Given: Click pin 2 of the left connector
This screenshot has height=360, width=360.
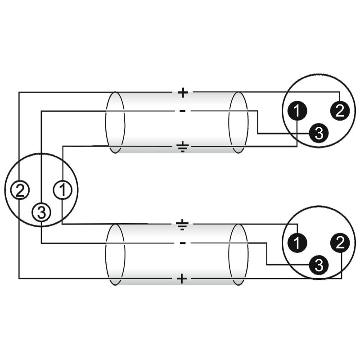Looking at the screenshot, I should (x=19, y=190).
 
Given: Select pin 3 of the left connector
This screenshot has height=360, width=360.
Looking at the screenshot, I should (x=41, y=212).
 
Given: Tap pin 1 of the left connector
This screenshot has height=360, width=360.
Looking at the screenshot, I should (x=63, y=190).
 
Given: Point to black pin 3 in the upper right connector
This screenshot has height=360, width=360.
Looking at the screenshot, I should (x=319, y=133).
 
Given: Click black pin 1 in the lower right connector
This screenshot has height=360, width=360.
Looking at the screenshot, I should (x=297, y=243).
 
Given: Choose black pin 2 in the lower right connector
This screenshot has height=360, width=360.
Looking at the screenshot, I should (x=340, y=243).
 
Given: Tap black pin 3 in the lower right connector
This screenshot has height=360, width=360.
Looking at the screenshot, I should (x=319, y=265).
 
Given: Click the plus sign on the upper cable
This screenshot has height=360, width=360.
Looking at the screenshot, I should (x=182, y=93).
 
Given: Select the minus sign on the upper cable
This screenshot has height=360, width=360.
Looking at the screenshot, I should (x=182, y=111).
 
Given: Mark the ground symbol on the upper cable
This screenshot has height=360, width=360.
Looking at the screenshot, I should (x=182, y=146).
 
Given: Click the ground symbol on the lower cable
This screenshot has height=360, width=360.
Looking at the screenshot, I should (x=182, y=225).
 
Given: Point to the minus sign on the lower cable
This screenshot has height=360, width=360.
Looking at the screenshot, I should (x=182, y=243).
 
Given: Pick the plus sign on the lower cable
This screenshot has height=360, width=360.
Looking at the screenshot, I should (x=182, y=279).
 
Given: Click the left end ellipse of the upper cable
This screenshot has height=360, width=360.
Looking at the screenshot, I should (x=115, y=122).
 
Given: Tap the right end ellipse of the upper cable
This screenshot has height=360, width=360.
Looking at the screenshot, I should (x=238, y=122).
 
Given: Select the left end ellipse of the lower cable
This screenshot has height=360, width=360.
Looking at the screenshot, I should (x=115, y=254).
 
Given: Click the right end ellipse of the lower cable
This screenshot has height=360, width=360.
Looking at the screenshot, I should (x=238, y=254).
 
